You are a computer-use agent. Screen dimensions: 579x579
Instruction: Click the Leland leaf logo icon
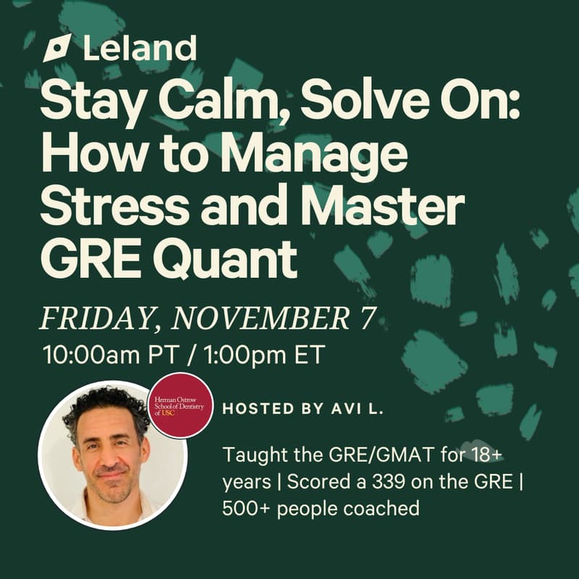[57, 48]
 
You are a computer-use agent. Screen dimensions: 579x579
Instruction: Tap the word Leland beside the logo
[140, 48]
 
